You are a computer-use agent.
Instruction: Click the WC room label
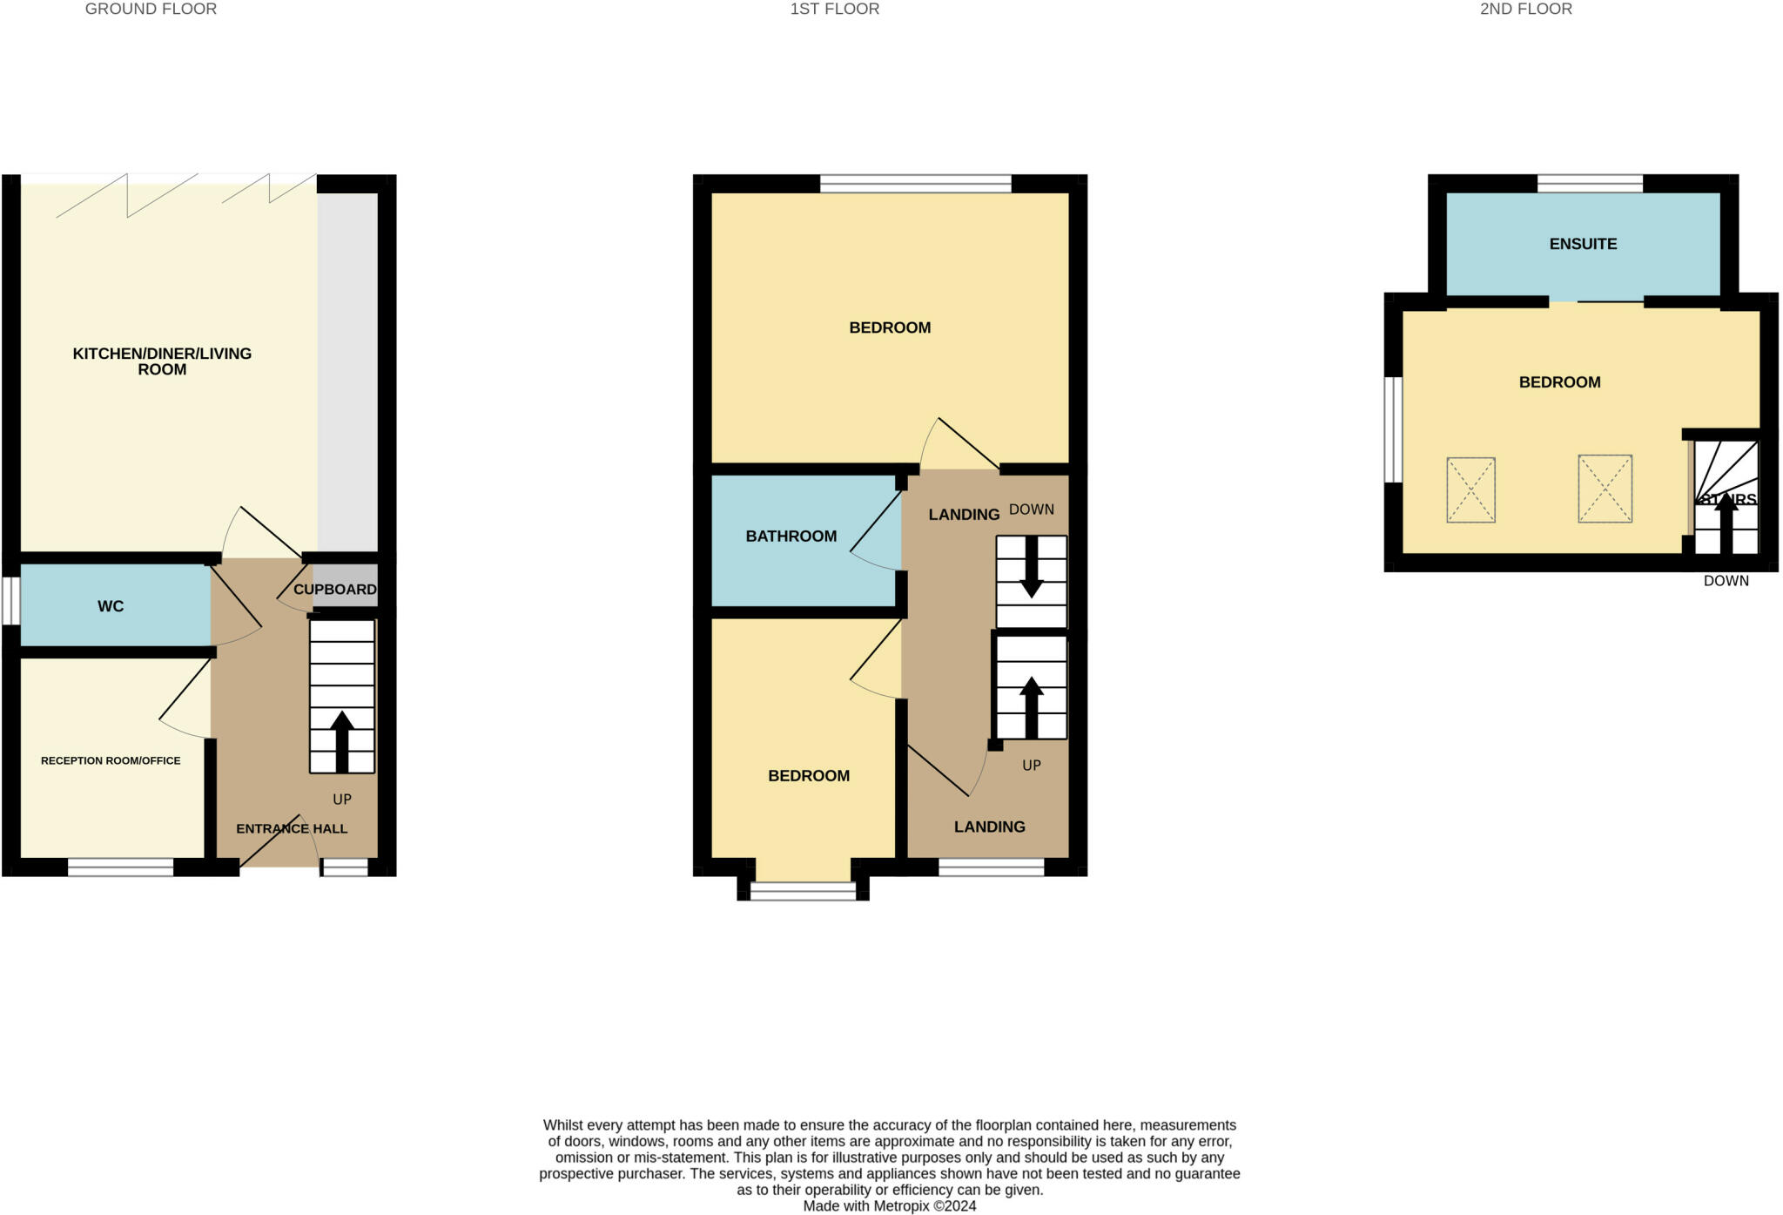pyautogui.click(x=111, y=606)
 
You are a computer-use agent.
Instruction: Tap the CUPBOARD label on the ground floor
pyautogui.click(x=335, y=590)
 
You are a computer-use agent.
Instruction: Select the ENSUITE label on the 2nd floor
pyautogui.click(x=1583, y=244)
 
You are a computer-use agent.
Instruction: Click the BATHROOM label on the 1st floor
pyautogui.click(x=791, y=537)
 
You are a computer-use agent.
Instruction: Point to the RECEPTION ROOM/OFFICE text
pyautogui.click(x=111, y=760)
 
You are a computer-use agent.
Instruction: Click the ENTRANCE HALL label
pyautogui.click(x=292, y=828)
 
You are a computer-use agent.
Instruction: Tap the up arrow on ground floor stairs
pyautogui.click(x=341, y=740)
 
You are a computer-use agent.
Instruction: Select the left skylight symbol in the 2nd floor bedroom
pyautogui.click(x=1470, y=490)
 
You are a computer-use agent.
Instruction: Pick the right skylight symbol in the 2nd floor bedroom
pyautogui.click(x=1605, y=489)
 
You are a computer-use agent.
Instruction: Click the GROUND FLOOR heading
pyautogui.click(x=151, y=10)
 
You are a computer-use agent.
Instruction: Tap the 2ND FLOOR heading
pyautogui.click(x=1525, y=10)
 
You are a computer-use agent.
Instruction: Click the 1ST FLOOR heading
pyautogui.click(x=834, y=10)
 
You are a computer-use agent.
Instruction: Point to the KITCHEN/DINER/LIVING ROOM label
pyautogui.click(x=162, y=361)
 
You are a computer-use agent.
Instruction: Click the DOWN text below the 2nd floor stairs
pyautogui.click(x=1726, y=581)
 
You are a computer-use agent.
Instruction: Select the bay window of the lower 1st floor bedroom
pyautogui.click(x=803, y=890)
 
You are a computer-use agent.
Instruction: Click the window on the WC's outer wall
pyautogui.click(x=10, y=601)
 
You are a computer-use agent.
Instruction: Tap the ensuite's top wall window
pyautogui.click(x=1590, y=183)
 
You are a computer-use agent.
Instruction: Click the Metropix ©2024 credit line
pyautogui.click(x=889, y=1206)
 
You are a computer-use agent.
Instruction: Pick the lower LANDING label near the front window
pyautogui.click(x=989, y=827)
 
